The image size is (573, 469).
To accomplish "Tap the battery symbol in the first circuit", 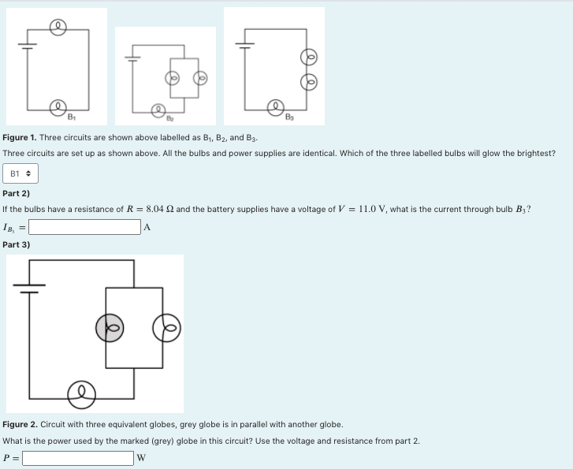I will point(28,46).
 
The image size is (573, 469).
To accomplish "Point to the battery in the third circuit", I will point(245,45).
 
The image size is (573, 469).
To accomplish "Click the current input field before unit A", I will point(85,227).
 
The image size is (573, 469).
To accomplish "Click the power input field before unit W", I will point(78,458).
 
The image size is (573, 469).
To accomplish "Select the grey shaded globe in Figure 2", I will point(110,327).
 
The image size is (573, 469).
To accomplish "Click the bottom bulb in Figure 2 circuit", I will point(80,393).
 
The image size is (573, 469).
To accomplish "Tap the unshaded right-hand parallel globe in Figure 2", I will point(167,327).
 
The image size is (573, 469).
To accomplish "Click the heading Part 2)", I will point(17,193).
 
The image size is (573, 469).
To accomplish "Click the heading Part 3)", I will point(17,244).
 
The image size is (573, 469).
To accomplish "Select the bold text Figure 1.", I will point(20,137).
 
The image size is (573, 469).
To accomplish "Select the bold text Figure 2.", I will point(20,424).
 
